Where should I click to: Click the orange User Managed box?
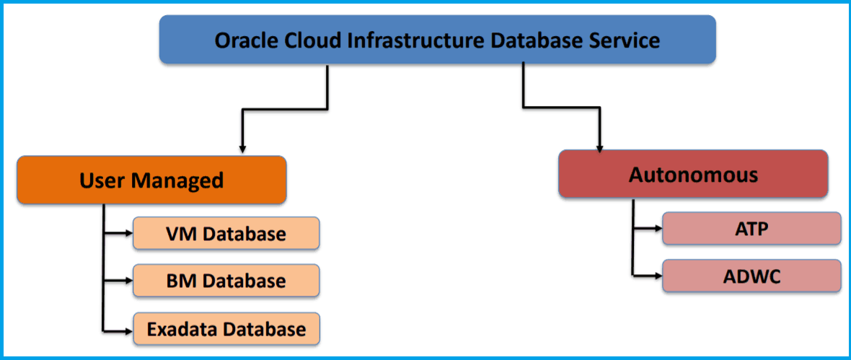pos(151,180)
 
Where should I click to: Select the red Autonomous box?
pos(692,174)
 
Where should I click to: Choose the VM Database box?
pos(226,234)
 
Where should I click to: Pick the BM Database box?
pos(226,281)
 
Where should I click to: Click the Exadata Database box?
pos(226,329)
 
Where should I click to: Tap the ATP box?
pos(751,229)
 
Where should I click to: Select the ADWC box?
pos(751,276)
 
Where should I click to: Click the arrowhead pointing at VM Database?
pos(128,234)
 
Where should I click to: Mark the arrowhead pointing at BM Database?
pos(128,281)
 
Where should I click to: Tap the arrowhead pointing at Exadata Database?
pos(128,329)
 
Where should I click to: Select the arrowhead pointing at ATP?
pos(657,229)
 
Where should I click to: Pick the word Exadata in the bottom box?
pos(182,329)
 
